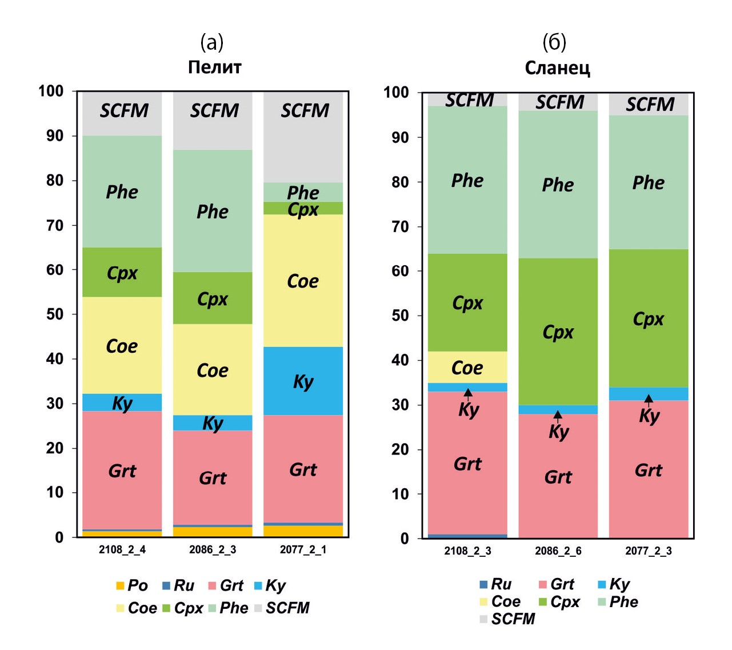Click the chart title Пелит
pos(214,67)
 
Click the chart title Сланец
pos(557,68)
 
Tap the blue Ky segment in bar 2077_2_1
pos(303,381)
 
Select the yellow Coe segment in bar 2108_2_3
pos(467,367)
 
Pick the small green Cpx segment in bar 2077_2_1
pos(303,208)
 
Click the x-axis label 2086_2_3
pos(213,549)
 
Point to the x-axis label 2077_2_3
pos(649,551)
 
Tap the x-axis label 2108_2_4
pos(122,549)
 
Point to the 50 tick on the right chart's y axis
pos(400,316)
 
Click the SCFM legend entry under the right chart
pos(507,619)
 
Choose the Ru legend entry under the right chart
pos(495,584)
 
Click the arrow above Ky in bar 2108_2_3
pos(468,393)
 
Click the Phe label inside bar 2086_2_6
pos(558,185)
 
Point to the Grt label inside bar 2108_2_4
pos(122,470)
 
